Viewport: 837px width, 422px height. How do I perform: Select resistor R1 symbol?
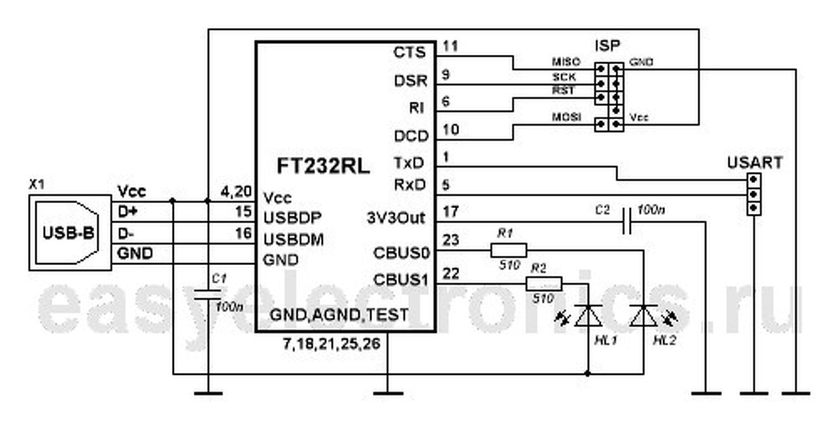[x=508, y=250]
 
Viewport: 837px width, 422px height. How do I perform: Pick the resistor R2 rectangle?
[x=544, y=283]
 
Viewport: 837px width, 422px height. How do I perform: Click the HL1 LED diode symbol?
[x=587, y=316]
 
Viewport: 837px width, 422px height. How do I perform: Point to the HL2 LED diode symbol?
[x=643, y=316]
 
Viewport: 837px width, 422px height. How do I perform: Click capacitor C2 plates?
[x=628, y=222]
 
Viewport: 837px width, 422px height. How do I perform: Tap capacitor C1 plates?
[x=208, y=295]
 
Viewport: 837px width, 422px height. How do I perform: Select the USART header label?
[x=754, y=163]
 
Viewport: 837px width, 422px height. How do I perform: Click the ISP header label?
[x=607, y=46]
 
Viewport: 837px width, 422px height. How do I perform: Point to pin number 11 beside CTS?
[x=452, y=46]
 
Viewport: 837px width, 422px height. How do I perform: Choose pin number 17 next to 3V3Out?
[x=451, y=211]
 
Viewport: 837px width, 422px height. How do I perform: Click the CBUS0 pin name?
[x=400, y=253]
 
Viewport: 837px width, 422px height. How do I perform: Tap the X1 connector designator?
[x=37, y=185]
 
